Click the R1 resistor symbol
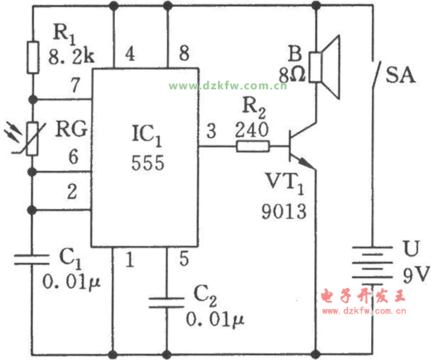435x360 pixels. click(x=33, y=58)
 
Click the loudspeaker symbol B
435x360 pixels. click(x=324, y=67)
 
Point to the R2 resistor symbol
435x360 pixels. click(x=253, y=146)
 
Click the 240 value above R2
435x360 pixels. click(x=251, y=130)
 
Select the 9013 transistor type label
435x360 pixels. click(x=283, y=211)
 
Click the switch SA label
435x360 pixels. click(x=400, y=75)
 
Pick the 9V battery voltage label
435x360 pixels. click(x=416, y=274)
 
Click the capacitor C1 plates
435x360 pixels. click(x=31, y=259)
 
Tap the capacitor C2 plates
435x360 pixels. click(x=166, y=302)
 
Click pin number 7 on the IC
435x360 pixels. click(x=75, y=85)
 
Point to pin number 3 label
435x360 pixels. click(x=211, y=130)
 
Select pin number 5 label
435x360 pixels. click(x=184, y=259)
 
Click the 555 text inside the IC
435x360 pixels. click(x=148, y=163)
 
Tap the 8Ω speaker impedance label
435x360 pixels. click(x=292, y=75)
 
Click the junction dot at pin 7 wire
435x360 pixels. click(x=33, y=99)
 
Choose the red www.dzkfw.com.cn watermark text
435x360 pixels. click(x=364, y=310)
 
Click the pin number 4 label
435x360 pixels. click(x=130, y=53)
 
